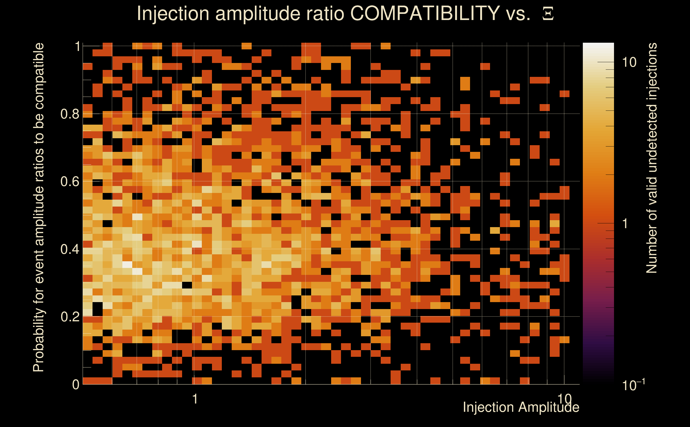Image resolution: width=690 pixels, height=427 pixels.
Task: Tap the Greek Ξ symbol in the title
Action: (x=548, y=14)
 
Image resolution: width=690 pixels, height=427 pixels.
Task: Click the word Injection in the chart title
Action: (x=173, y=14)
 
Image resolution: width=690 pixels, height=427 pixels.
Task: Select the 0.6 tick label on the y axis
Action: (x=70, y=181)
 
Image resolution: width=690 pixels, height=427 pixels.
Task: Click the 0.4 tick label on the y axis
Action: (x=70, y=249)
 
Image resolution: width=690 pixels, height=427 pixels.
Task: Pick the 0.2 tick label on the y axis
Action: (x=70, y=317)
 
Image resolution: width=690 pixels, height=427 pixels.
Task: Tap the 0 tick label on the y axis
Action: (x=76, y=384)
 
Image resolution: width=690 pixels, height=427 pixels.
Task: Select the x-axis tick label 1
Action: (x=195, y=399)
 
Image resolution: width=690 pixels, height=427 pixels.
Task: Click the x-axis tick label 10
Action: (x=564, y=399)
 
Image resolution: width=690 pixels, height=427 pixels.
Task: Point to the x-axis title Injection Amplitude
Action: (x=521, y=407)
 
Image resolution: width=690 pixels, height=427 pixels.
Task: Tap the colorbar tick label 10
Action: (x=629, y=62)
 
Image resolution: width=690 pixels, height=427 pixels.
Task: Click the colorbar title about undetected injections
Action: (x=652, y=158)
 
